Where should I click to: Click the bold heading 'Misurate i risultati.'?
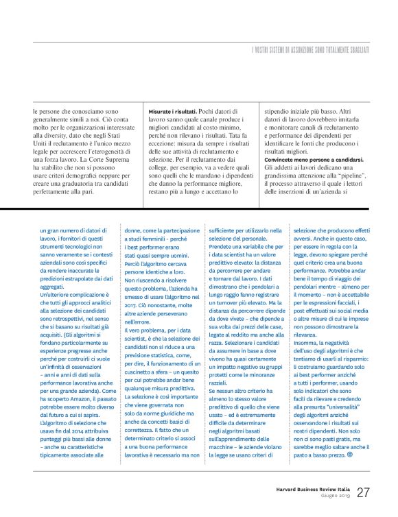coord(172,110)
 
